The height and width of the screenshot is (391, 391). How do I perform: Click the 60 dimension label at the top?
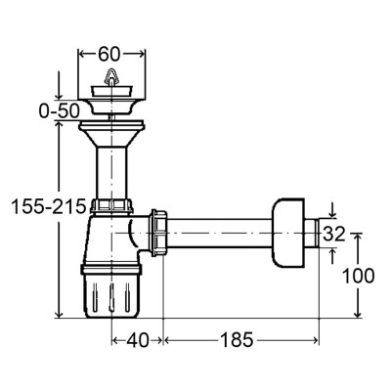point(109,54)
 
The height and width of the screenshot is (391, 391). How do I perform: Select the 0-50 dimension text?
point(59,111)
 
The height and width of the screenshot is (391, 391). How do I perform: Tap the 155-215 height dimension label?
point(48,206)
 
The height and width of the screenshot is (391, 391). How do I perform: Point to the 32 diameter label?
point(333,234)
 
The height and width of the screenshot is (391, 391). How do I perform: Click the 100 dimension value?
point(358,276)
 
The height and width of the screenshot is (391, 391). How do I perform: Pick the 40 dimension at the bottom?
point(137,340)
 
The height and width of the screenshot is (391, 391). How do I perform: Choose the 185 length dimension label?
point(237,340)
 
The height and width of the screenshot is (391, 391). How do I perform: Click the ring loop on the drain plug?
point(111,75)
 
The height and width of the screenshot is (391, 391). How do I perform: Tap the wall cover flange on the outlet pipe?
point(288,233)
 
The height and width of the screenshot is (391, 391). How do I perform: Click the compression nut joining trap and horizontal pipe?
point(158,233)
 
